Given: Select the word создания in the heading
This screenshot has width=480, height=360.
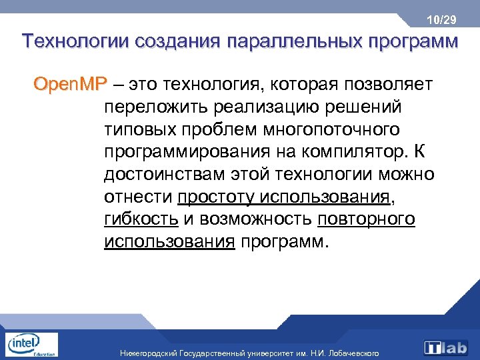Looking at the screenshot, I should [x=179, y=42].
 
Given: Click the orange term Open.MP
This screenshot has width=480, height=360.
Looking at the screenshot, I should [x=70, y=85].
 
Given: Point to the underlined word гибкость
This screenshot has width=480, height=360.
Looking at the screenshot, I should [x=141, y=219].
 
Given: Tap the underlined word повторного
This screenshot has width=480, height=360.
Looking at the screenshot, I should [x=366, y=219].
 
